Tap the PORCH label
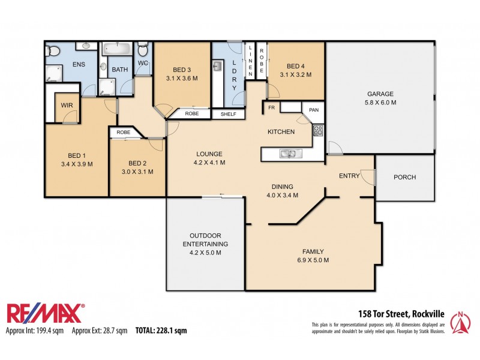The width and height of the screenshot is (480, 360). (404, 177)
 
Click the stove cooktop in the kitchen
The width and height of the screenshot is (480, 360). (317, 130)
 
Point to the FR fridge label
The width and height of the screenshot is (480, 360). (271, 108)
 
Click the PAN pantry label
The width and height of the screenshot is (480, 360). (313, 110)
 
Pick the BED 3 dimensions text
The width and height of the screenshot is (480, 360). (182, 78)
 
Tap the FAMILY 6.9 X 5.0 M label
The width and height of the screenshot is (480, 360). (313, 256)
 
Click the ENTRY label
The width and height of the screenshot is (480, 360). (349, 176)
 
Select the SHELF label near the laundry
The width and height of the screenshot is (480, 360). (228, 114)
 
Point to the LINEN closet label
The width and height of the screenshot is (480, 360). (250, 60)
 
